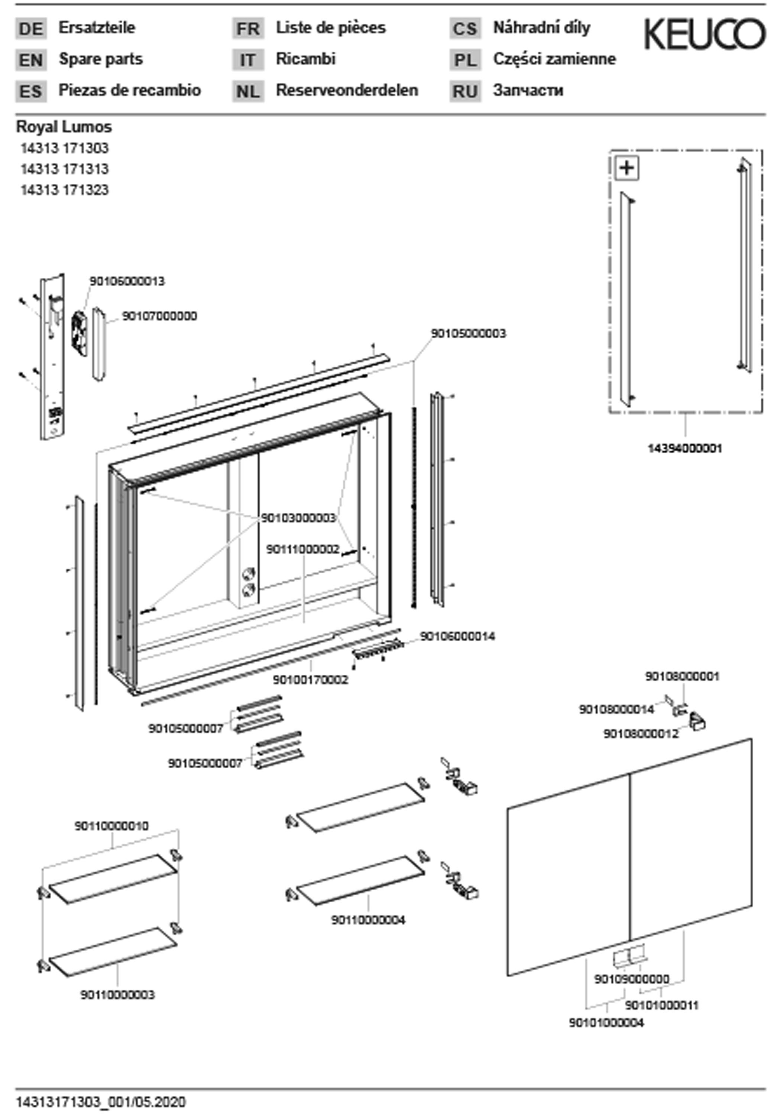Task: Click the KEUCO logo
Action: tap(704, 34)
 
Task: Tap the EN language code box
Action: tap(31, 60)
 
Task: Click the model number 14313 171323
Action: tap(64, 190)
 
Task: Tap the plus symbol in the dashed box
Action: tap(627, 168)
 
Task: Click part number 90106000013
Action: tap(127, 281)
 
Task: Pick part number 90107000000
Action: tap(159, 316)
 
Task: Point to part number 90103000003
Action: tap(298, 518)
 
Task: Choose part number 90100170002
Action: tap(310, 680)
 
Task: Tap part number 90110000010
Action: tap(111, 826)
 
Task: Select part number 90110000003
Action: tap(117, 995)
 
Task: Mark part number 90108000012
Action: tap(641, 734)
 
